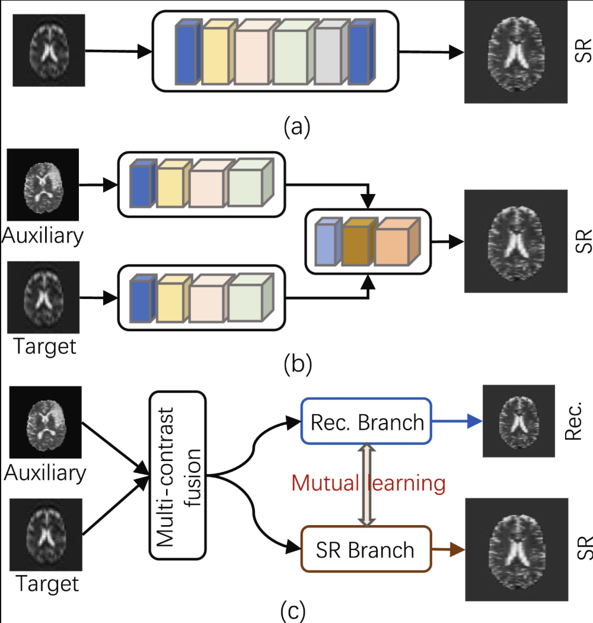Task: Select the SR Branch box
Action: click(x=365, y=549)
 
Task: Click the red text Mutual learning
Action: click(x=367, y=483)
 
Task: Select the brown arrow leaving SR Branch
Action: click(x=448, y=549)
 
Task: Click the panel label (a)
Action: click(x=297, y=126)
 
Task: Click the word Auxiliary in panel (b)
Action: click(x=43, y=236)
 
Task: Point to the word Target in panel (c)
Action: click(x=47, y=584)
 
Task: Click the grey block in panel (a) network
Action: click(x=327, y=55)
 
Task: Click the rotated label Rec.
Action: click(x=572, y=421)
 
